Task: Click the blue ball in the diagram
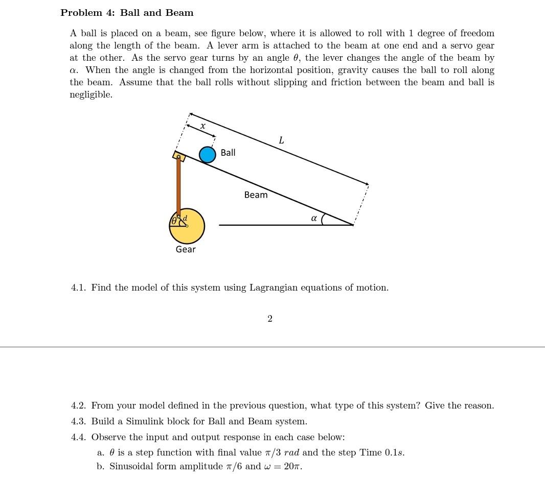coord(207,155)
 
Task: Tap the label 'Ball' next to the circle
coord(228,153)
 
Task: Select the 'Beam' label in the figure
coord(256,195)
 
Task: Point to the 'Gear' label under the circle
coord(186,249)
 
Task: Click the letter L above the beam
coord(281,140)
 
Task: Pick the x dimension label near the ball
coord(203,126)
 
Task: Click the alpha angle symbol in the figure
coord(314,218)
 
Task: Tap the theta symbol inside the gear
coord(174,221)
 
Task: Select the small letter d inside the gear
coord(185,218)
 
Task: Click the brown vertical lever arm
coord(178,186)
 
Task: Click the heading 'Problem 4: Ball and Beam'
coord(127,13)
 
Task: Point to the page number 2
coord(270,319)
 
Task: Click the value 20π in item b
coord(292,466)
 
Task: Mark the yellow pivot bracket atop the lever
coord(179,156)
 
